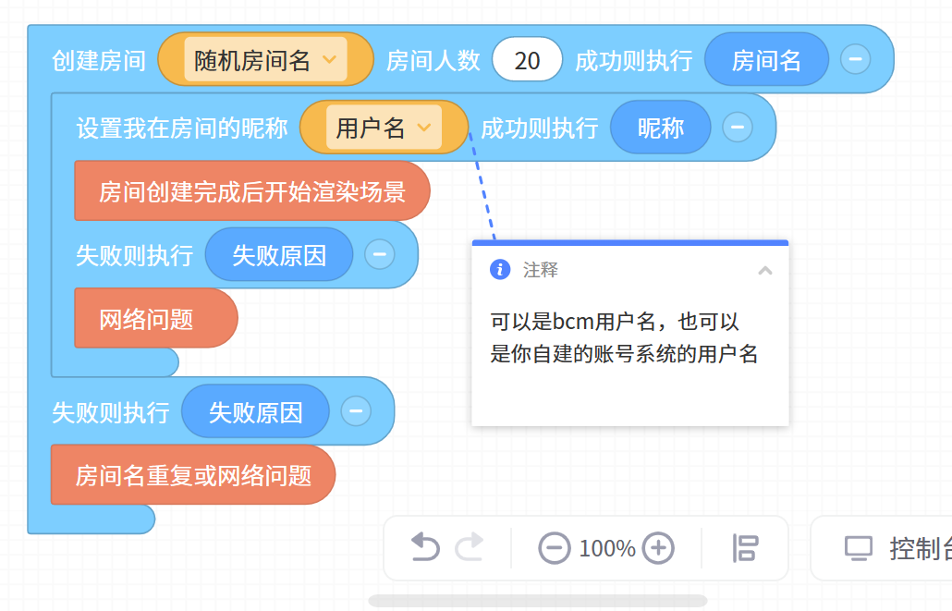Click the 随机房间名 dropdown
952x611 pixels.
pos(265,60)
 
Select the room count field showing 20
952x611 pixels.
pos(527,60)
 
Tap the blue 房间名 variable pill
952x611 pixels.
pos(766,60)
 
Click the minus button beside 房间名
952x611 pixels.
pos(855,59)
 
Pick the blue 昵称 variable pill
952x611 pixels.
pos(661,128)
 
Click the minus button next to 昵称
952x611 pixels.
pos(737,127)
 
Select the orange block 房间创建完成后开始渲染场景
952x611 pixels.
pos(251,191)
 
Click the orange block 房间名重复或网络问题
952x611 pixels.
pos(192,475)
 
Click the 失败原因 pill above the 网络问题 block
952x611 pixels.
pos(279,255)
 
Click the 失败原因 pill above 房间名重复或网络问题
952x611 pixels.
pos(255,411)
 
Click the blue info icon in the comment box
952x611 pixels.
pos(500,269)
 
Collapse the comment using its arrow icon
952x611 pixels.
pos(764,270)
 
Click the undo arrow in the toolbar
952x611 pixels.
pos(424,548)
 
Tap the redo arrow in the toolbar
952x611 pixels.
pos(470,548)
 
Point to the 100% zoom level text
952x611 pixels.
pos(606,548)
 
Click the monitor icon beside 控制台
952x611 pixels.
pos(858,548)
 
